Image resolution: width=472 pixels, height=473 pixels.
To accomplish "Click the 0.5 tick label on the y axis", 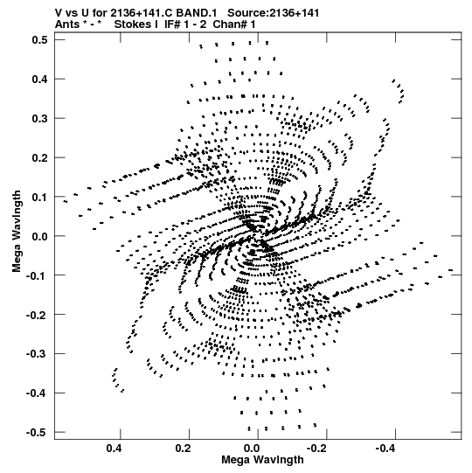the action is [x=40, y=40].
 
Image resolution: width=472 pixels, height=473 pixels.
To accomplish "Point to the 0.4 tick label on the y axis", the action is [x=40, y=79].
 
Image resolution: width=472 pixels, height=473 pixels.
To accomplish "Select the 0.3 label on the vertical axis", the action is [x=40, y=118].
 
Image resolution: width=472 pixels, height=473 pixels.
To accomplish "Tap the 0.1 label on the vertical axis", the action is [x=40, y=197].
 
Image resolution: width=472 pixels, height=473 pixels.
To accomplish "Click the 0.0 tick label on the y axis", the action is [x=40, y=236].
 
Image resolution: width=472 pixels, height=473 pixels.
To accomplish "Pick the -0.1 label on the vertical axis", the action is [x=38, y=275].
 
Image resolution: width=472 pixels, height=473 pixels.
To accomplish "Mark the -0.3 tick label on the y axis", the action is [x=38, y=354].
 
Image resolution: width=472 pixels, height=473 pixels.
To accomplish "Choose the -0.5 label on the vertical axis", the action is [x=38, y=433].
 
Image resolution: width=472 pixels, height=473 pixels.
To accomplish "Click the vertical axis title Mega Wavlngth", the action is [x=17, y=232].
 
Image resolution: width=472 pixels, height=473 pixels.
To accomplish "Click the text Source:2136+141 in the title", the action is [x=274, y=13].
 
